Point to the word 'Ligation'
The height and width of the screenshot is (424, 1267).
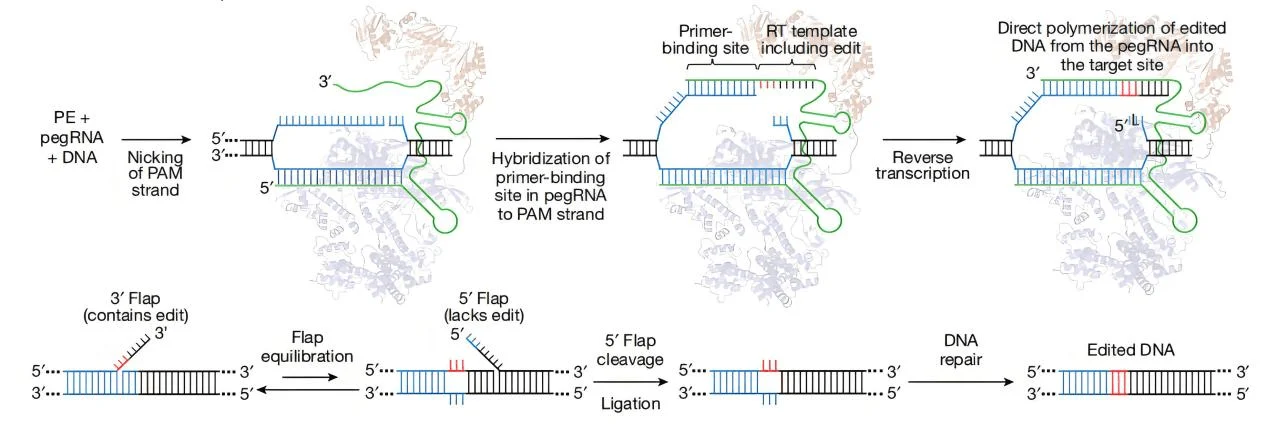coord(634,403)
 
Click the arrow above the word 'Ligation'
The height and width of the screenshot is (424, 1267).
coord(634,381)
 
